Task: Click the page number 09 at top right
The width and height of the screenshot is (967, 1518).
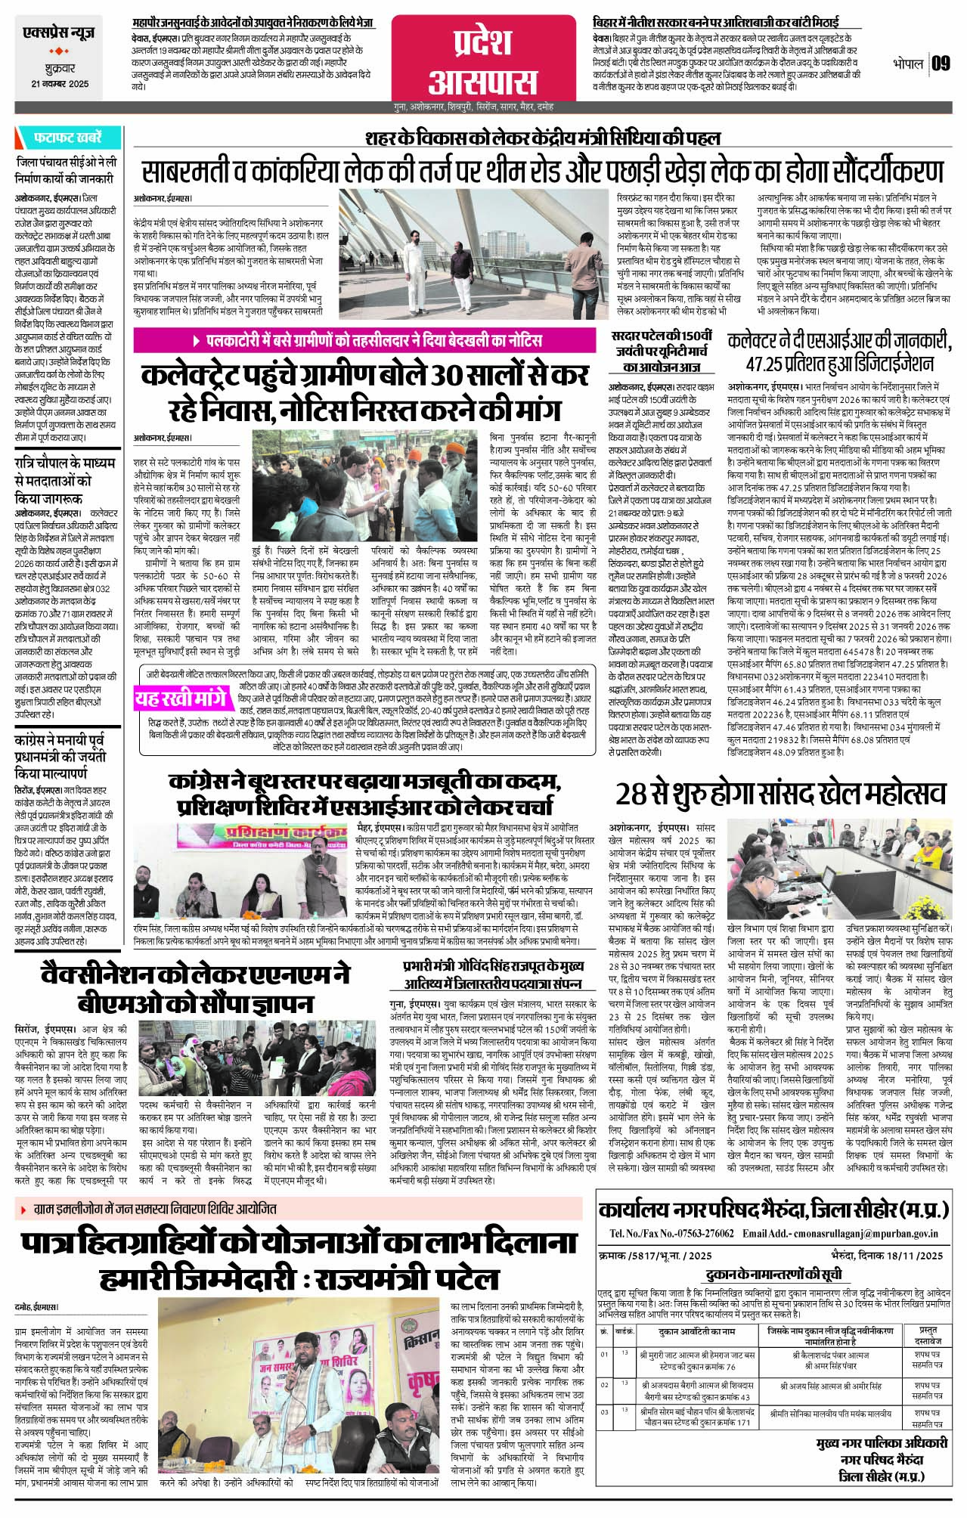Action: click(x=941, y=64)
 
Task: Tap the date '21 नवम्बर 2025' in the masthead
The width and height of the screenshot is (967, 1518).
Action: click(x=60, y=84)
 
